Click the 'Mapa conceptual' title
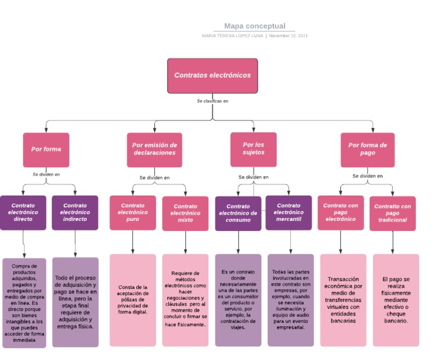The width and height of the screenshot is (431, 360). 255,26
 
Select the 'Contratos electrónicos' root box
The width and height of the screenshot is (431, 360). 212,75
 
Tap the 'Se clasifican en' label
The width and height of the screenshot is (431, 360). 212,101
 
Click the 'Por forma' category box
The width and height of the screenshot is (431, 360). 46,149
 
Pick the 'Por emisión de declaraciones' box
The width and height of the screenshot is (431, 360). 154,149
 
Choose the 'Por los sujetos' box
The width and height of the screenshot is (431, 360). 253,149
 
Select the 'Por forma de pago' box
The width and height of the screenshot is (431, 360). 367,149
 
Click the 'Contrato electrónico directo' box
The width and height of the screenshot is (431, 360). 24,213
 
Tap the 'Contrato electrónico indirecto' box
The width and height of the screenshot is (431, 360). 75,213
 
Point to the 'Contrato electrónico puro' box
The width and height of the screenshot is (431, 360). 132,213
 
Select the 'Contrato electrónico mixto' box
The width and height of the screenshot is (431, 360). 185,213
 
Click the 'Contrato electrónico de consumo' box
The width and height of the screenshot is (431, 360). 238,213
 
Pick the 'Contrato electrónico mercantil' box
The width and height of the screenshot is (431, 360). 288,213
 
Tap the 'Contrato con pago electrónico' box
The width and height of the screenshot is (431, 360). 340,213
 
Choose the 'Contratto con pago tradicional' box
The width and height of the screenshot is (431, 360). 392,213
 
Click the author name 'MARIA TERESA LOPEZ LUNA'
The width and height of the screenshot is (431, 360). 232,36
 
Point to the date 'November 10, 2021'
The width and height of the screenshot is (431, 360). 288,36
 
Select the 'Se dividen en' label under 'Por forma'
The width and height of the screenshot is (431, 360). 46,174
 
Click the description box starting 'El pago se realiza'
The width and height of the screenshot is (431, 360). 396,299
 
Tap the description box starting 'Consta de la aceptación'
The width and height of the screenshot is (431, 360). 133,299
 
